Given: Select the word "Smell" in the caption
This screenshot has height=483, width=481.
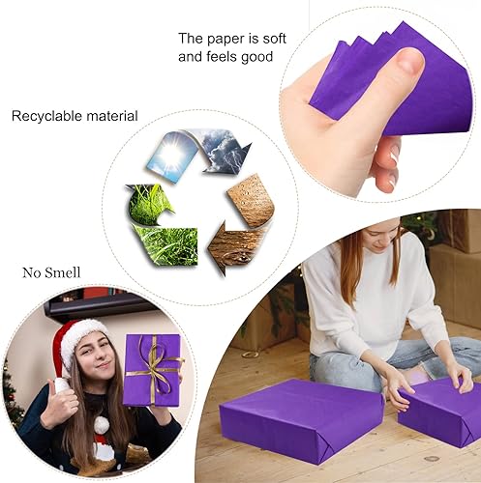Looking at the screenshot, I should (x=63, y=272).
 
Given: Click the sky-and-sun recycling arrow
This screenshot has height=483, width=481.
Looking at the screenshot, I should (x=172, y=156).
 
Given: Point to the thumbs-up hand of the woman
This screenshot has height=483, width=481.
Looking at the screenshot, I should (x=58, y=406).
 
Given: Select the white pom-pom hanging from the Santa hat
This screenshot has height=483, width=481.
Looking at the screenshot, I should (x=101, y=424).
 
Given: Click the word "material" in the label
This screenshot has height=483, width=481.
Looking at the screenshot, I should (x=112, y=116).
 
